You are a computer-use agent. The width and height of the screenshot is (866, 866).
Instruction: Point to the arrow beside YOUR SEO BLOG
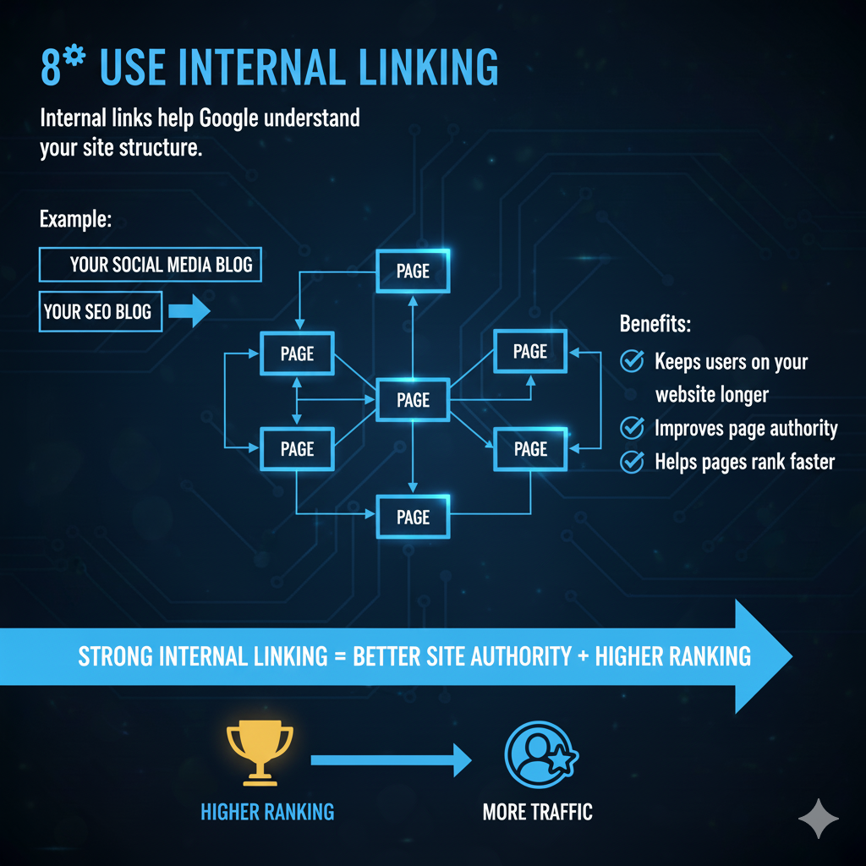click(189, 312)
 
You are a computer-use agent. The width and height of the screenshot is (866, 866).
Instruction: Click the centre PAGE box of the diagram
click(413, 400)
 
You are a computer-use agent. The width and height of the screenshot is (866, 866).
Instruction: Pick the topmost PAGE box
click(413, 271)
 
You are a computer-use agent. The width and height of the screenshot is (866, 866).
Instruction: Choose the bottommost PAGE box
click(413, 517)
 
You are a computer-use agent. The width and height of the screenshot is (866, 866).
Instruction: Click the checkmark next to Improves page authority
click(632, 428)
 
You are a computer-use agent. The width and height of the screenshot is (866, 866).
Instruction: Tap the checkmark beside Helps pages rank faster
click(632, 462)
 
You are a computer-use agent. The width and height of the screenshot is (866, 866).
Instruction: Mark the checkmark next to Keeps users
click(632, 362)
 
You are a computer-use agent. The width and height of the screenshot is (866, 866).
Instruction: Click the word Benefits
click(654, 324)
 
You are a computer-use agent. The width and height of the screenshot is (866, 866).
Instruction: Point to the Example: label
click(75, 220)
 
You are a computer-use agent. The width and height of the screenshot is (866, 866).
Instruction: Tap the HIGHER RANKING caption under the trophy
click(267, 813)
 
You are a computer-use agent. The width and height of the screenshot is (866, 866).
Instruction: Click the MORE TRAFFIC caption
click(537, 813)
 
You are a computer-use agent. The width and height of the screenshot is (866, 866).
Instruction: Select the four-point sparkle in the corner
click(819, 818)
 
